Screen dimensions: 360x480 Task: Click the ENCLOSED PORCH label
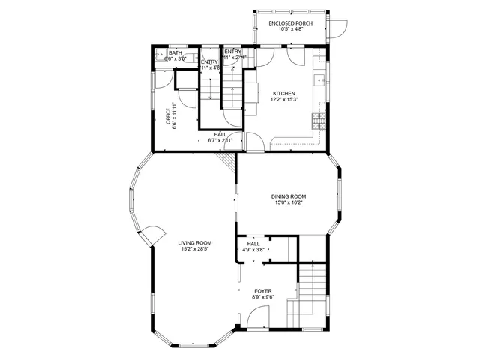(291, 23)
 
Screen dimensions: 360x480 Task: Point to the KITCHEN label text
(284, 93)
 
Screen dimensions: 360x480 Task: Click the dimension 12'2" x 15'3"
(284, 99)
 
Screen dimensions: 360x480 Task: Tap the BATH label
(175, 53)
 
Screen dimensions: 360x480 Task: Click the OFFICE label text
(169, 115)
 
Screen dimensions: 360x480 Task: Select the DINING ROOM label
(289, 196)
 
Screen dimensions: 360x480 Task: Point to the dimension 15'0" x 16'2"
(289, 202)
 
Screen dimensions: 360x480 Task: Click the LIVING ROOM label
(195, 243)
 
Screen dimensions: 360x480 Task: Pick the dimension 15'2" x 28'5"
(195, 249)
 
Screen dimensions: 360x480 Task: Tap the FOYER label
(263, 290)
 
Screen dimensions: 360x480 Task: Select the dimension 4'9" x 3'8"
(253, 250)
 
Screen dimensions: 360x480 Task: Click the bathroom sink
(160, 55)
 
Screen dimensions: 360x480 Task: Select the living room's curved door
(152, 235)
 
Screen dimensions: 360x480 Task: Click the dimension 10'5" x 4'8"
(291, 29)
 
